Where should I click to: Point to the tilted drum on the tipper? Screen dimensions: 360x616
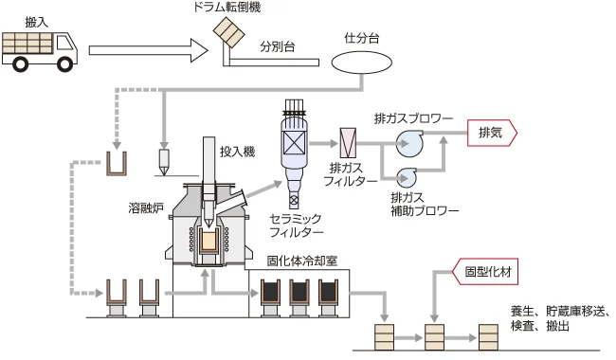[226, 33]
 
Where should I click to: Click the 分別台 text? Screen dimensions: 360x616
[277, 45]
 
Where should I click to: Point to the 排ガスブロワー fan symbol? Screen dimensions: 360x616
[410, 143]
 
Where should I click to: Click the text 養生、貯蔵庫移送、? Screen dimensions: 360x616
[559, 311]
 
